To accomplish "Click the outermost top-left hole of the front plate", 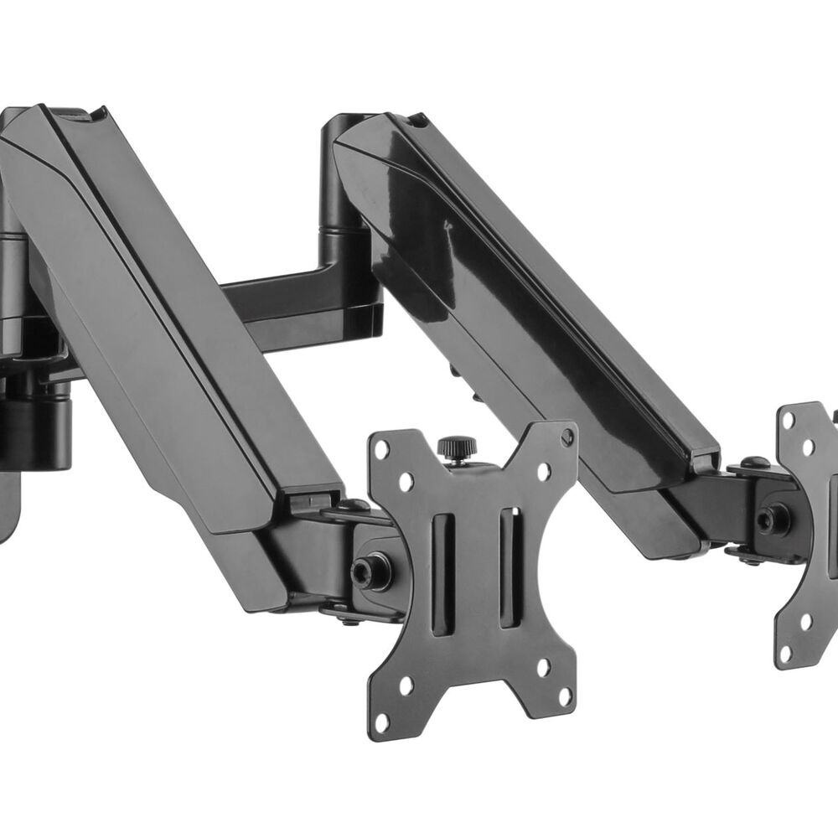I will point(382,450).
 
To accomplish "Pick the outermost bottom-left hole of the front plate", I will point(383,721).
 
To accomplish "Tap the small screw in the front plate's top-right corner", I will point(567,436).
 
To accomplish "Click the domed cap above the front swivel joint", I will point(354,505).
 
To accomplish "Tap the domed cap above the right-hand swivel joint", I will point(754,462).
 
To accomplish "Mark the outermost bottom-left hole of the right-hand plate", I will point(785,651).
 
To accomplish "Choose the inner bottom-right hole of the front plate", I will point(543,668).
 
